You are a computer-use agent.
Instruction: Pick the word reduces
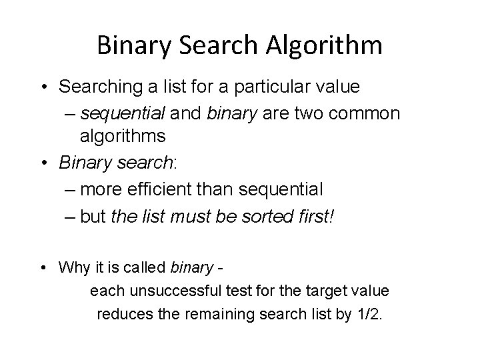tap(123, 314)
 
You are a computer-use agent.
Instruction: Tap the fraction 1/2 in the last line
tap(369, 314)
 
